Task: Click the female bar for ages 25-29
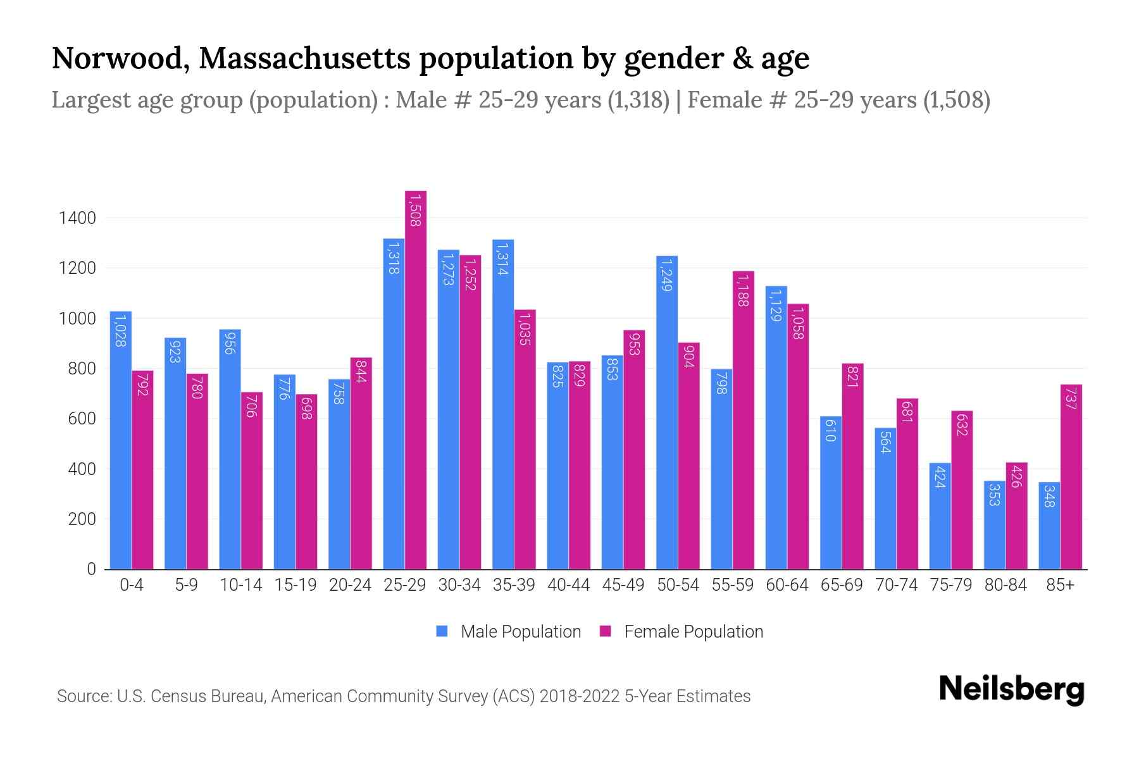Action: (416, 379)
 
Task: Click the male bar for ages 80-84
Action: (994, 525)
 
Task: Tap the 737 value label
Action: (1071, 400)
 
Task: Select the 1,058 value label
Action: (798, 323)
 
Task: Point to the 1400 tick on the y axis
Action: (77, 218)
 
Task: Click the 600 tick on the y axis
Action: (82, 419)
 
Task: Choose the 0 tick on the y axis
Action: (91, 569)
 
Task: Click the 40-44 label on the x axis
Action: (568, 585)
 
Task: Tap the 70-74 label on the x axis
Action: (896, 585)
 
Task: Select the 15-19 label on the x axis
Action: (296, 585)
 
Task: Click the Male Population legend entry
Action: (509, 632)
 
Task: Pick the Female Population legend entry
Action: (682, 632)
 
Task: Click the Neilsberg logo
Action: (1011, 689)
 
